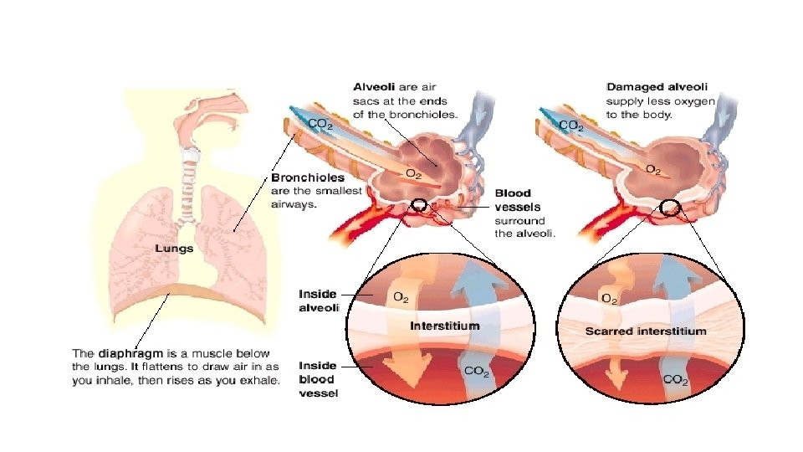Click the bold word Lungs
click(174, 249)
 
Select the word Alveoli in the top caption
click(376, 86)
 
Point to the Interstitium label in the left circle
click(444, 325)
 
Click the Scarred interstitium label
click(645, 331)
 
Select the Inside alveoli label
click(318, 300)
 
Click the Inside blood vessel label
click(318, 379)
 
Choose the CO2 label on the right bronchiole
click(570, 125)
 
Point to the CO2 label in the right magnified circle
click(677, 380)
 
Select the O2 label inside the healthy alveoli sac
click(413, 172)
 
